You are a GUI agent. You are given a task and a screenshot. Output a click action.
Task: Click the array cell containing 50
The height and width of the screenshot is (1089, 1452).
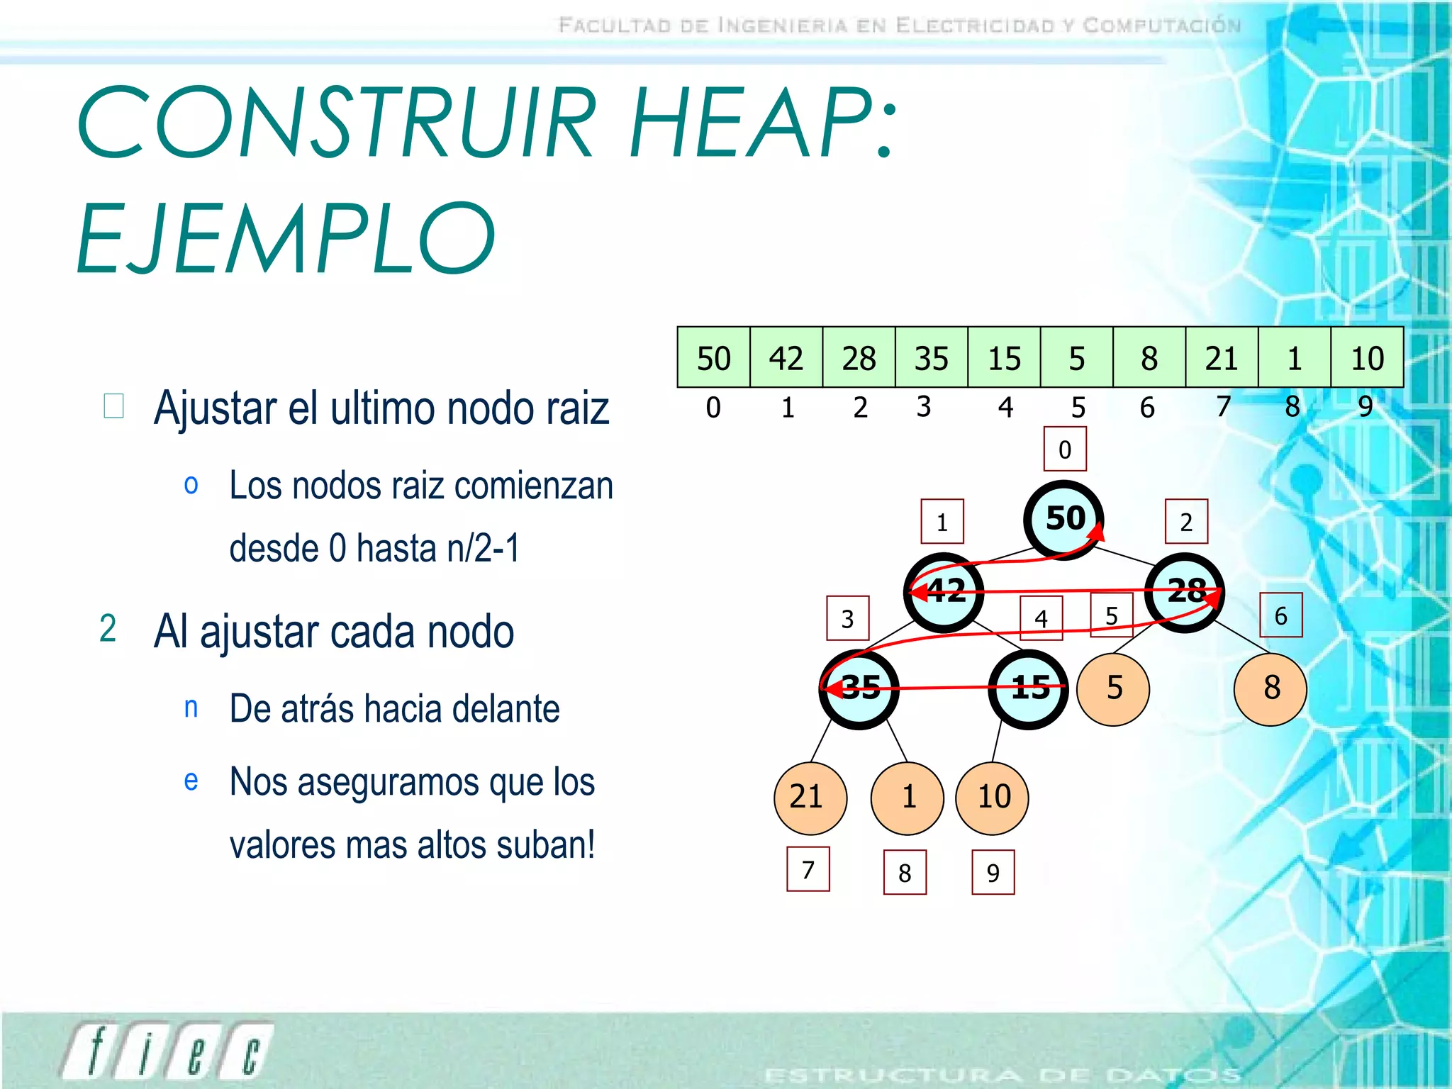pyautogui.click(x=713, y=357)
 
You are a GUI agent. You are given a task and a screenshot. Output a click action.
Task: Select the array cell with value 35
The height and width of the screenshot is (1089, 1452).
pyautogui.click(x=931, y=357)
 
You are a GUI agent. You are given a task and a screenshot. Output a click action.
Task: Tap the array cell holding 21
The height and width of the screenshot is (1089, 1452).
pyautogui.click(x=1222, y=357)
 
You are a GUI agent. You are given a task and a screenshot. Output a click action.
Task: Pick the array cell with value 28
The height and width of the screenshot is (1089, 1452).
pyautogui.click(x=859, y=357)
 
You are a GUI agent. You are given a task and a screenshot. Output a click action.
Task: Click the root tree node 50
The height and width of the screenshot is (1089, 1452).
pyautogui.click(x=1063, y=519)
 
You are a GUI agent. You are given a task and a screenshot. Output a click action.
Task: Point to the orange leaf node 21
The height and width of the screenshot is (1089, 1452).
pyautogui.click(x=809, y=798)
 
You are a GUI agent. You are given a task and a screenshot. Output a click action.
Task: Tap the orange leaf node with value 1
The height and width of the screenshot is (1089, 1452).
pyautogui.click(x=907, y=798)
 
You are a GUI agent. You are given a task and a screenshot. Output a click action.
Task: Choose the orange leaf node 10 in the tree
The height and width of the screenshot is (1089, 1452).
pyautogui.click(x=993, y=798)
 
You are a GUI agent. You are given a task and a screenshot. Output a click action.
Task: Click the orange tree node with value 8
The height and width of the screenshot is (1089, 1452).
pyautogui.click(x=1270, y=688)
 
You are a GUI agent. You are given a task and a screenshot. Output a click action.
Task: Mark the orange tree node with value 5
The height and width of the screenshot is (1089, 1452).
pyautogui.click(x=1113, y=688)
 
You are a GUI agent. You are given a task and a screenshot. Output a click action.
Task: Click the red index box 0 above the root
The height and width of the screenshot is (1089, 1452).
pyautogui.click(x=1065, y=449)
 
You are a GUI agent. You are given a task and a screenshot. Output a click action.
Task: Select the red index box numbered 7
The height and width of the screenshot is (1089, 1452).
pyautogui.click(x=808, y=869)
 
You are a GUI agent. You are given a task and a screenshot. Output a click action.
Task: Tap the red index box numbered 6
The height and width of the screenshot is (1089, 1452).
pyautogui.click(x=1280, y=615)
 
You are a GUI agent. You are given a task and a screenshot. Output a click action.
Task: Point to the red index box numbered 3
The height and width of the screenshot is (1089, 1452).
pyautogui.click(x=847, y=618)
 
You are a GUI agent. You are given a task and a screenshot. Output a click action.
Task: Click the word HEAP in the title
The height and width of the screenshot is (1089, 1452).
pyautogui.click(x=762, y=122)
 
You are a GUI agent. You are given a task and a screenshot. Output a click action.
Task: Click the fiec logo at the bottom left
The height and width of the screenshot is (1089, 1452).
pyautogui.click(x=167, y=1051)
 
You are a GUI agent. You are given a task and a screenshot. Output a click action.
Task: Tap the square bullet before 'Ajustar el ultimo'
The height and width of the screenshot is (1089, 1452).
pyautogui.click(x=113, y=406)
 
